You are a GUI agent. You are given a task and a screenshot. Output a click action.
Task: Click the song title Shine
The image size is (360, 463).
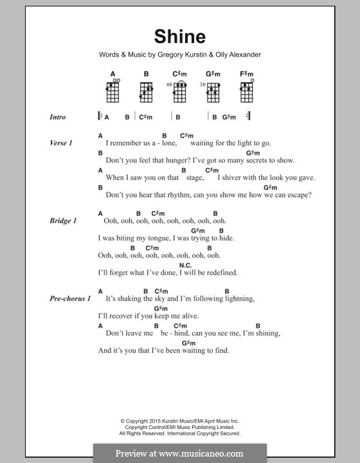[x=179, y=36]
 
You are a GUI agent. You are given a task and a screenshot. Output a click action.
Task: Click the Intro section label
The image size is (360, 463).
[x=58, y=118]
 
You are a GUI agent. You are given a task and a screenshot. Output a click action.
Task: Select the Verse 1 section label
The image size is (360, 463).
[x=60, y=143]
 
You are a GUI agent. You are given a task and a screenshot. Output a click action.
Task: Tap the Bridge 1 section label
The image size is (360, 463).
[x=63, y=221]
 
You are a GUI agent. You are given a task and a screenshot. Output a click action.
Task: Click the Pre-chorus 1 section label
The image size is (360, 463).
[x=71, y=299]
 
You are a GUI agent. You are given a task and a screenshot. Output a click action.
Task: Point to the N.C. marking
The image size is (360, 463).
[x=186, y=265]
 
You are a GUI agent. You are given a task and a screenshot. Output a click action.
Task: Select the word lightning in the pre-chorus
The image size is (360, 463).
[x=239, y=299]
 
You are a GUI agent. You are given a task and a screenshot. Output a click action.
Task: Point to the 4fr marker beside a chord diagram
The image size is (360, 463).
[x=169, y=84]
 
